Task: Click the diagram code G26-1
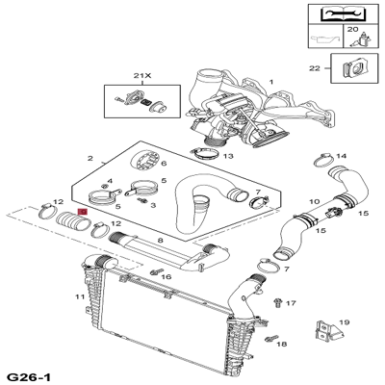tap(29, 377)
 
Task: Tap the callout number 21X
tap(142, 76)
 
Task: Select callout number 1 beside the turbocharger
tap(271, 82)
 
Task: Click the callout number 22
tap(315, 68)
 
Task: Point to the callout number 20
tap(352, 29)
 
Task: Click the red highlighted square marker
tap(83, 212)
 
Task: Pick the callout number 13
tap(228, 156)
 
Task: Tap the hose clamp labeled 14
tap(323, 160)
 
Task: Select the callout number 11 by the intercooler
tap(80, 296)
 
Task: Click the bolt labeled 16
tap(154, 272)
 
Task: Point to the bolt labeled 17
tap(278, 302)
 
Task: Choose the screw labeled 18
tap(270, 338)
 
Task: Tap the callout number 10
tap(315, 201)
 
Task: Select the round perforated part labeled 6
tap(145, 161)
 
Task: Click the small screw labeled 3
tap(141, 200)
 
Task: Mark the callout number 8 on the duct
tap(161, 240)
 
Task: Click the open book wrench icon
tap(342, 13)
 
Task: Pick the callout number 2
tap(90, 158)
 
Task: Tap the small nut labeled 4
tap(104, 186)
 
